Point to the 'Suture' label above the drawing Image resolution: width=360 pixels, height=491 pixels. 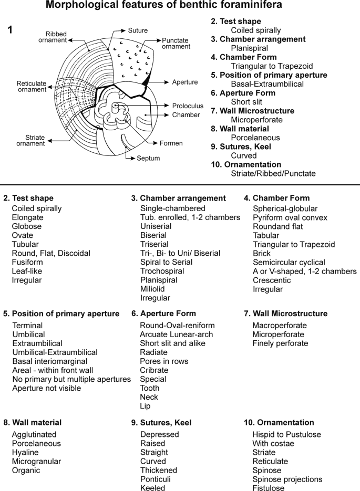coord(138,30)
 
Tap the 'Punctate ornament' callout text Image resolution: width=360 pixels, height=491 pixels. coord(176,44)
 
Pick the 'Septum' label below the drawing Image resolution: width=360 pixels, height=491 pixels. coord(149,158)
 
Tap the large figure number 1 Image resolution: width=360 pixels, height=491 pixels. coord(10,30)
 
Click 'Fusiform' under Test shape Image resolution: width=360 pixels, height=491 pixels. coord(28,262)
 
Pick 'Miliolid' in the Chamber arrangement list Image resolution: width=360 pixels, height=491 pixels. coord(155,289)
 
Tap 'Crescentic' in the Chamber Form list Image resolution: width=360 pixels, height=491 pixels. coord(272,280)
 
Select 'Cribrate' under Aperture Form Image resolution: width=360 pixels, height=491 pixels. coord(154,370)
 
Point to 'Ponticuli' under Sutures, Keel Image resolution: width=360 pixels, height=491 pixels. coord(156,479)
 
